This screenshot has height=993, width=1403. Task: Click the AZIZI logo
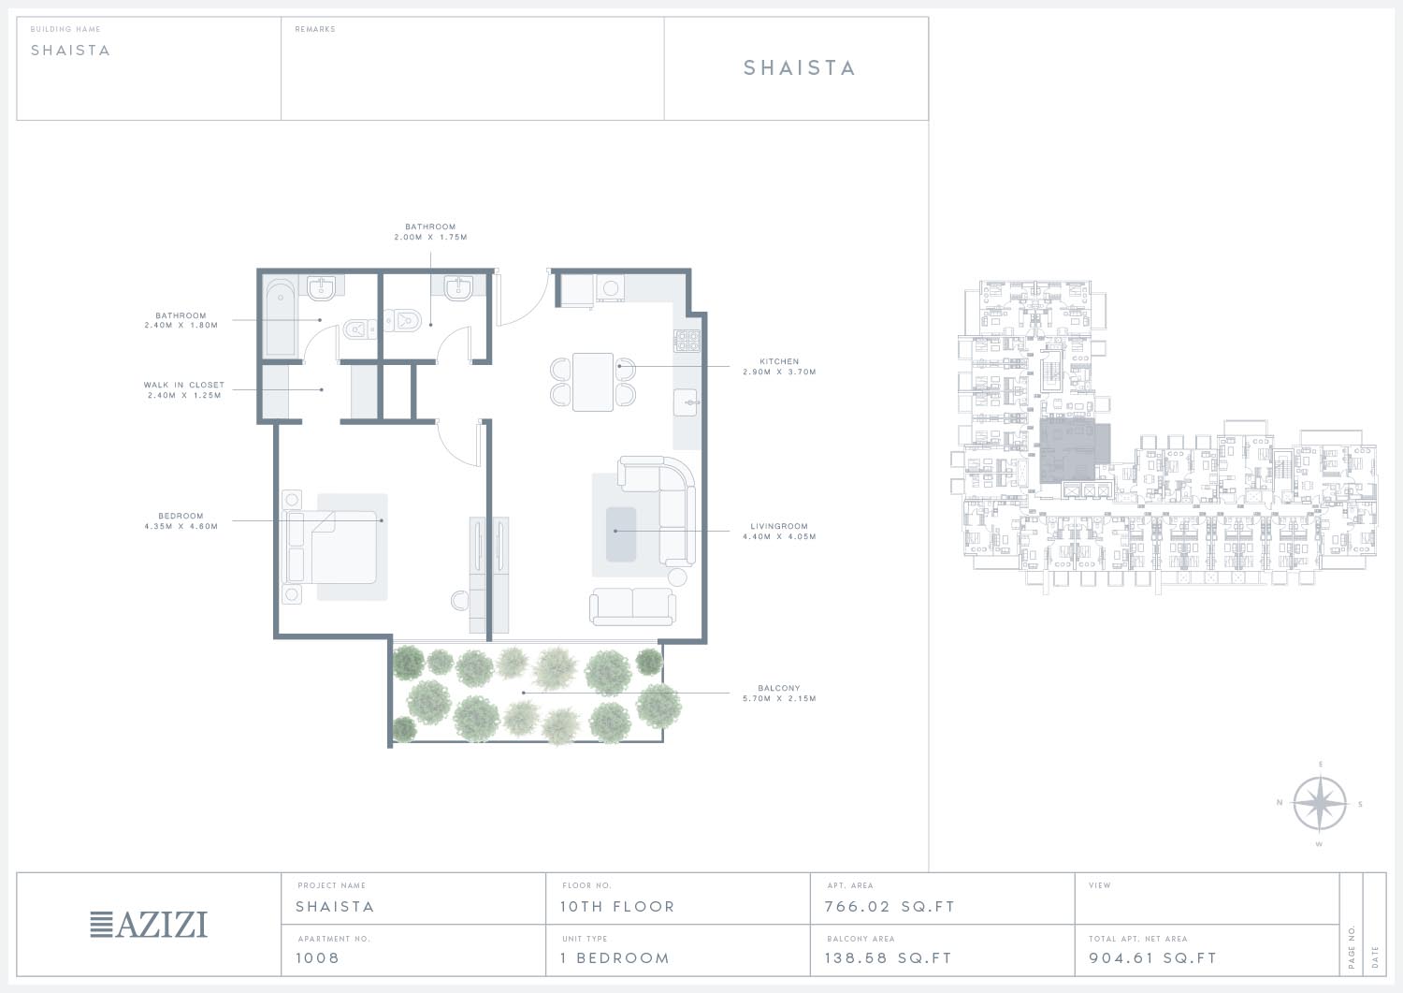click(149, 924)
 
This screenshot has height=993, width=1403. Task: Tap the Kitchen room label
click(779, 361)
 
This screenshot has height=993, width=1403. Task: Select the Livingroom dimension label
click(779, 536)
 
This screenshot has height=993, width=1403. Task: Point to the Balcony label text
click(779, 688)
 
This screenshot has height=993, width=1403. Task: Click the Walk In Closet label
click(184, 385)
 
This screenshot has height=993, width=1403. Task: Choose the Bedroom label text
click(181, 516)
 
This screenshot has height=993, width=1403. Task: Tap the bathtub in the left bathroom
click(281, 318)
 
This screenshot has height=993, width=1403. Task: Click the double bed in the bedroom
click(330, 548)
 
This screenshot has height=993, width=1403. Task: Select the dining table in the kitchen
click(592, 382)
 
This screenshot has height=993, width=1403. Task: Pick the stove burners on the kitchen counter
click(687, 341)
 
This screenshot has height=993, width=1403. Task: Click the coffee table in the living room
click(621, 534)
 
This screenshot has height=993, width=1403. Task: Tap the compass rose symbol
click(1320, 804)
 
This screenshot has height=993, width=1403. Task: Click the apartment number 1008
click(318, 957)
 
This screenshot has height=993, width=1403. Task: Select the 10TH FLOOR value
click(617, 907)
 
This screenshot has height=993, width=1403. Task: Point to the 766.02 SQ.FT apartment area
click(890, 907)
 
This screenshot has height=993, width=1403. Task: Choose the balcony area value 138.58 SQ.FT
click(889, 957)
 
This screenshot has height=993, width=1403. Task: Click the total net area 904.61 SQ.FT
click(1152, 957)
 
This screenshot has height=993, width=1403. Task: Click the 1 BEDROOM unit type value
click(615, 957)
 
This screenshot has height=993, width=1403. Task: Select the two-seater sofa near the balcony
click(632, 606)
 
